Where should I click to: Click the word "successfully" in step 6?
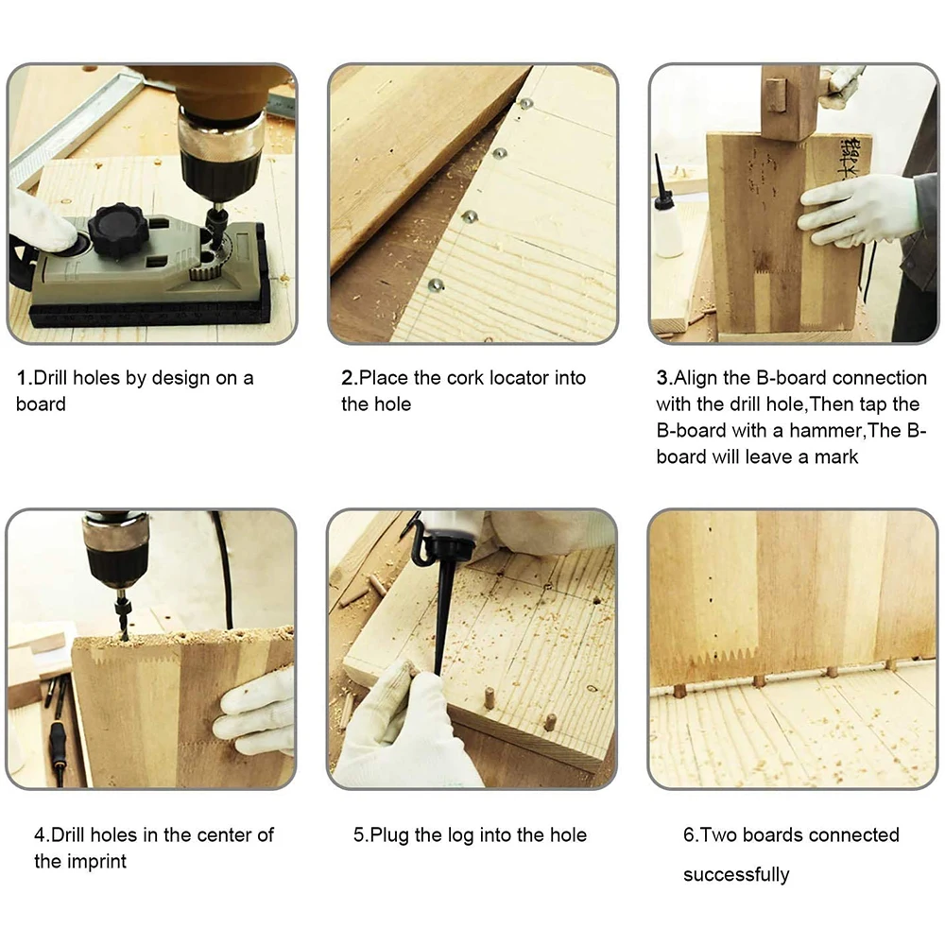(x=736, y=874)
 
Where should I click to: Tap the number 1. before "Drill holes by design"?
(x=24, y=378)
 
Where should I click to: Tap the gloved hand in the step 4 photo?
(x=255, y=712)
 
